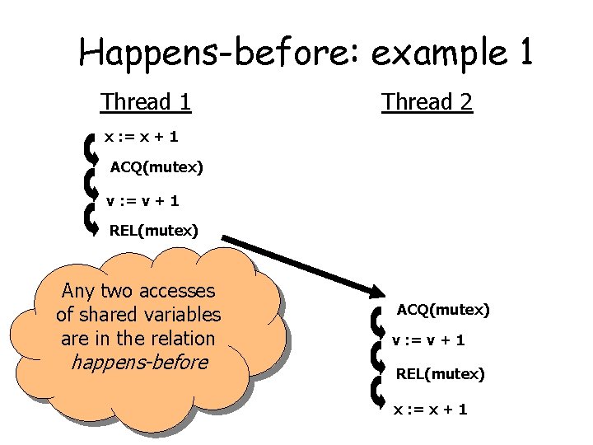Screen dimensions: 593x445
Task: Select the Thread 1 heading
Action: click(146, 102)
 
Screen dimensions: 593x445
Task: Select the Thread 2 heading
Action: click(427, 102)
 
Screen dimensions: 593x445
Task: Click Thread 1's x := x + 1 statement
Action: click(141, 136)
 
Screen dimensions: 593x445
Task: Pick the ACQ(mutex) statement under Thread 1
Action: click(156, 168)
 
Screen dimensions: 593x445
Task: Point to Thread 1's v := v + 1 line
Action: click(143, 200)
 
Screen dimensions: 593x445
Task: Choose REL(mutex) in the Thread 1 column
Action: click(154, 231)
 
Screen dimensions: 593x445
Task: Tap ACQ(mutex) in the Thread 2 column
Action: click(443, 310)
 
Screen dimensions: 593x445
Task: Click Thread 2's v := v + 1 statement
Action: click(428, 340)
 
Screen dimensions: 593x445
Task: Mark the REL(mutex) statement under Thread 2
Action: click(440, 374)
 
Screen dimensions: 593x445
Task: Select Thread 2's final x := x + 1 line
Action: click(430, 409)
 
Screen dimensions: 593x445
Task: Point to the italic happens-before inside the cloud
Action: click(139, 362)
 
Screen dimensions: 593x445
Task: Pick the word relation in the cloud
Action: click(178, 338)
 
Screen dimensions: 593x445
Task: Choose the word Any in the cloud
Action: click(79, 291)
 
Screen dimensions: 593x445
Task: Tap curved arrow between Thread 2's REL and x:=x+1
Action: click(377, 391)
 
